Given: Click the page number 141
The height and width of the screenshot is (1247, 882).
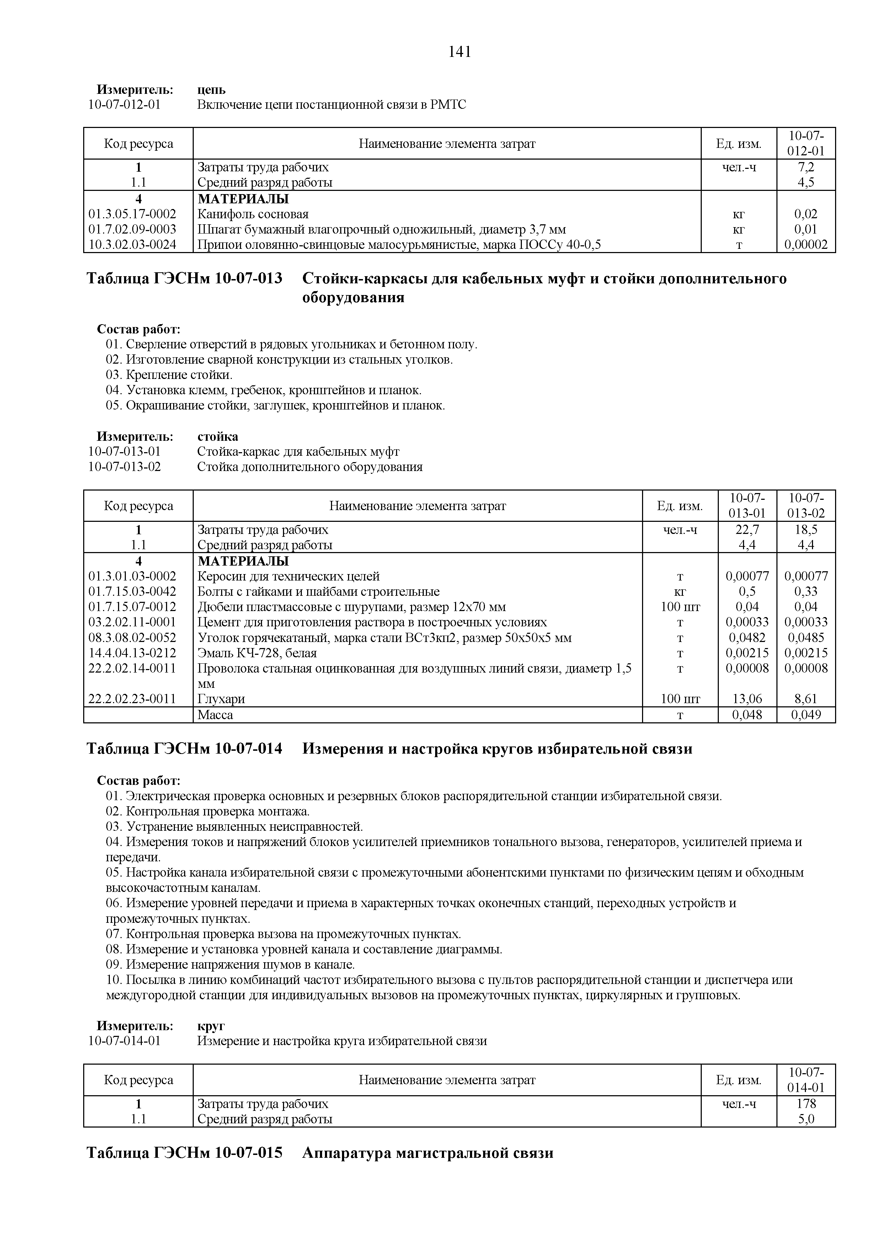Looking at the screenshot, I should (459, 52).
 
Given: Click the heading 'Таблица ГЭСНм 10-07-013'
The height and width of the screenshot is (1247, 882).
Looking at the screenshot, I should (185, 279).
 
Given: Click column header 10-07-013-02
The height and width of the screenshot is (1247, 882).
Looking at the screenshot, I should (806, 505).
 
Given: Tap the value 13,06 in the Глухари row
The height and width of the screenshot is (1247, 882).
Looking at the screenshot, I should (747, 699).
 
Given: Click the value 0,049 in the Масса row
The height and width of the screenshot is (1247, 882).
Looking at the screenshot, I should (806, 715).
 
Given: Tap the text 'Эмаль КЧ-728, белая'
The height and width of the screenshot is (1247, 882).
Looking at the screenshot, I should (257, 653).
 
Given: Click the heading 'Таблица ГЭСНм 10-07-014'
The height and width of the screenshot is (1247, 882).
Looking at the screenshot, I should (185, 749).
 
